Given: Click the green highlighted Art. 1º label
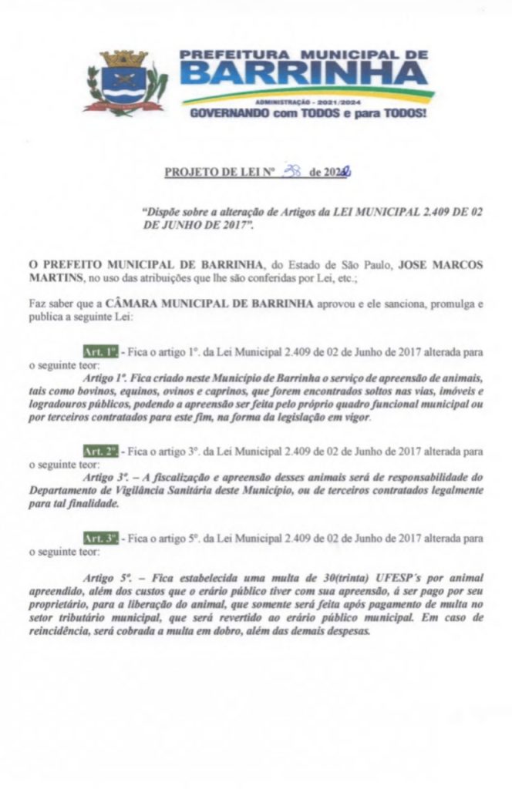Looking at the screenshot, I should pos(100,351).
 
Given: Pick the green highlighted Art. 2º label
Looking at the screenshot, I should pos(100,450).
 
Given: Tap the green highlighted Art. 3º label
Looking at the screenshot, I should pos(100,533).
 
